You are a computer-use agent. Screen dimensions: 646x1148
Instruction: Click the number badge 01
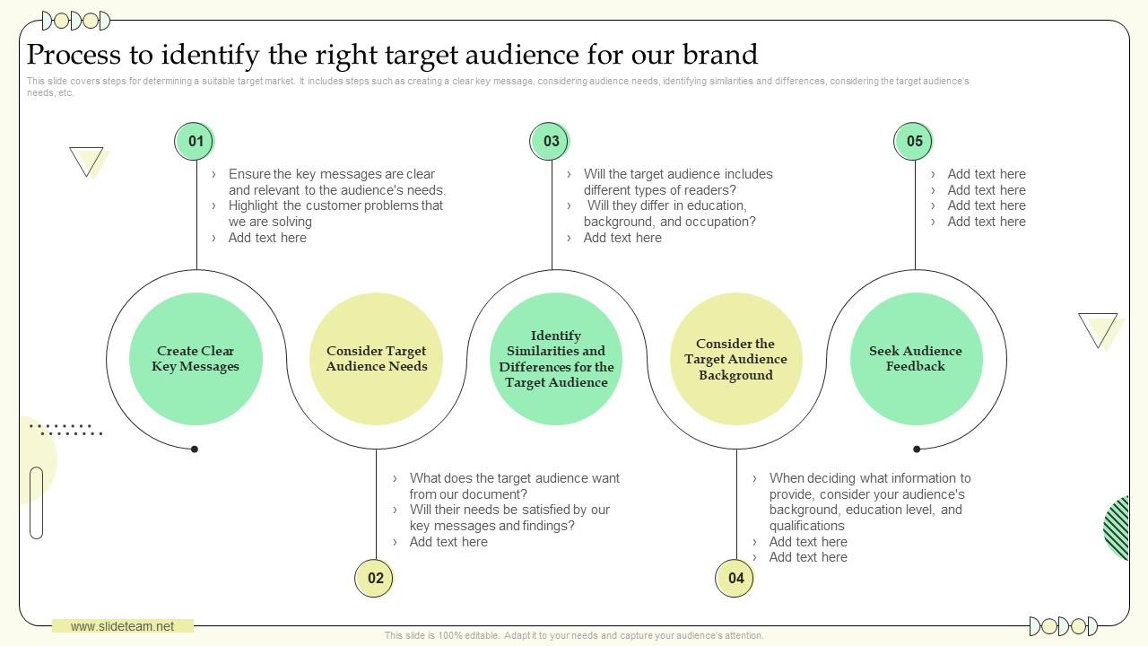click(196, 141)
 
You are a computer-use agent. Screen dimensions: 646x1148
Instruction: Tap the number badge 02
click(375, 578)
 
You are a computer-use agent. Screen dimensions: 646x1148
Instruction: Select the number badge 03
click(551, 141)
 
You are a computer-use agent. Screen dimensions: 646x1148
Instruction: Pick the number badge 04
click(735, 578)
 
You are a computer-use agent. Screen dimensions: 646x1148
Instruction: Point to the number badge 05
click(914, 141)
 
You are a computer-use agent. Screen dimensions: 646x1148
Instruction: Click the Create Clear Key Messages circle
click(196, 359)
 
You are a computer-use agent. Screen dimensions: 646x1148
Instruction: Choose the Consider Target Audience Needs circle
click(376, 359)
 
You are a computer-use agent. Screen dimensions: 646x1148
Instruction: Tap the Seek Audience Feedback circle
click(916, 359)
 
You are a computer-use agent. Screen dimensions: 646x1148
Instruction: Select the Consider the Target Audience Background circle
click(735, 359)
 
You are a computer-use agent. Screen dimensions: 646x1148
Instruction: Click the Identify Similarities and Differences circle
click(556, 359)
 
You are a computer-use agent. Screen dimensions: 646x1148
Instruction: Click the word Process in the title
click(74, 55)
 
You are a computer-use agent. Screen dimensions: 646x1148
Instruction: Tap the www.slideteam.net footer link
click(122, 626)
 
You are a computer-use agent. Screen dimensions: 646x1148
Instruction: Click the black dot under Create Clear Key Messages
click(195, 449)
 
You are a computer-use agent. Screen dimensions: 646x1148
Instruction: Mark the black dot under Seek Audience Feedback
click(917, 449)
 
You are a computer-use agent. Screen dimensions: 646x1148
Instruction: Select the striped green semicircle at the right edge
click(1118, 528)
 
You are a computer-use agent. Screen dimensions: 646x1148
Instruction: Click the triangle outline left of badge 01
click(86, 160)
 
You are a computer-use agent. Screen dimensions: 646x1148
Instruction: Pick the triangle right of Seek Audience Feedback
click(1098, 328)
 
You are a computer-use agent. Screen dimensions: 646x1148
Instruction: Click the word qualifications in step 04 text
click(806, 526)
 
